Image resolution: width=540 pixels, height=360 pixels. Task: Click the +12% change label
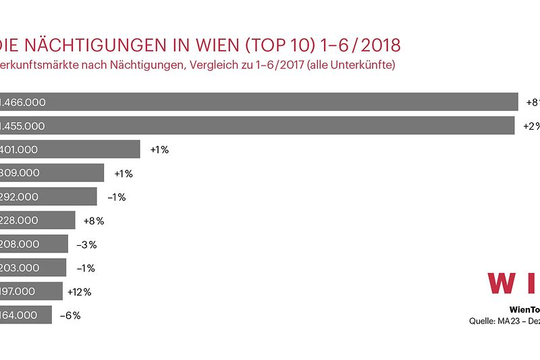(x=79, y=292)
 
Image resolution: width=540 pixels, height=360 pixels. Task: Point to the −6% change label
(x=70, y=315)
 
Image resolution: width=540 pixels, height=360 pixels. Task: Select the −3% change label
(x=86, y=244)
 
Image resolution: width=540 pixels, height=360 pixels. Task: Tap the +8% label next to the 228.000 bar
(x=94, y=220)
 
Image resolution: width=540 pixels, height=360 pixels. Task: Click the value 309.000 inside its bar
(x=20, y=173)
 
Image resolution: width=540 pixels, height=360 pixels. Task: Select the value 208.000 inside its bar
(x=20, y=244)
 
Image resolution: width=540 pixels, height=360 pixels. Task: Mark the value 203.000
(x=20, y=268)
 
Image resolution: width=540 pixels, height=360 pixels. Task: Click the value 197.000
(x=20, y=292)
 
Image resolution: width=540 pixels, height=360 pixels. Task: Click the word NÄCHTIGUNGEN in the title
(x=98, y=45)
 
